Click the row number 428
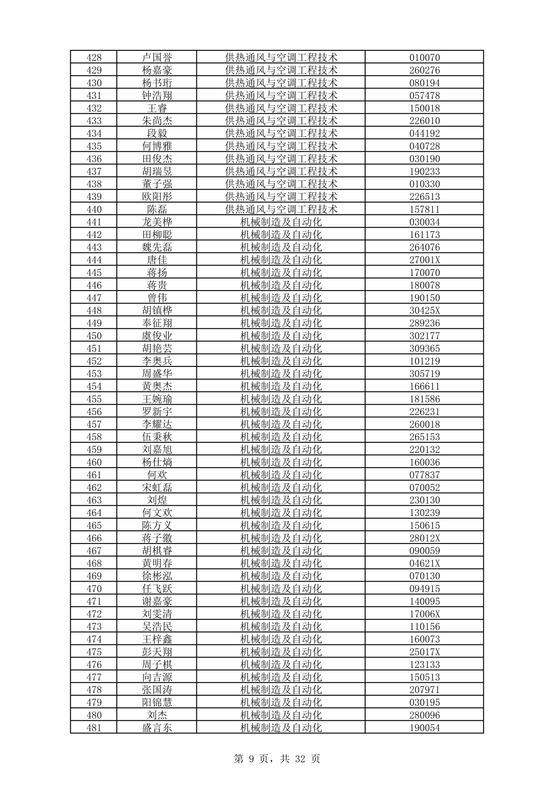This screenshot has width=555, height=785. click(x=94, y=57)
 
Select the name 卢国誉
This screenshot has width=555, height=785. click(x=157, y=57)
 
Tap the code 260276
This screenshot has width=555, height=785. click(x=424, y=70)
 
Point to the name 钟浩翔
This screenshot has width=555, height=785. click(x=157, y=95)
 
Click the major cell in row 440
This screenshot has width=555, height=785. click(x=281, y=209)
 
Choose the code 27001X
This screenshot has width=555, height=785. click(x=424, y=260)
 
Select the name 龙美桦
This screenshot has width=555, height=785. click(x=157, y=222)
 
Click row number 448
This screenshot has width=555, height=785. click(x=94, y=311)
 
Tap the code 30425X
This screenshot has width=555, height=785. click(x=424, y=311)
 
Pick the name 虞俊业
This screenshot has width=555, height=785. click(x=157, y=336)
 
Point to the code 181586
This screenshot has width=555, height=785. click(x=424, y=399)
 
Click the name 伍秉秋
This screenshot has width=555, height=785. click(x=157, y=437)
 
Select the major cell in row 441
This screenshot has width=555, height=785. click(x=281, y=222)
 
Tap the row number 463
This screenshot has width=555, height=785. click(x=94, y=500)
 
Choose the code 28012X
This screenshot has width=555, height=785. click(x=424, y=538)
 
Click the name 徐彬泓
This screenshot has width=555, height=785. click(x=157, y=576)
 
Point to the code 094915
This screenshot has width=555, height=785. click(x=424, y=589)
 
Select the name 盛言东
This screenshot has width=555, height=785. click(x=157, y=728)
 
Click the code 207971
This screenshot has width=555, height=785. click(x=424, y=690)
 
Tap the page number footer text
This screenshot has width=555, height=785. click(x=277, y=759)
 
